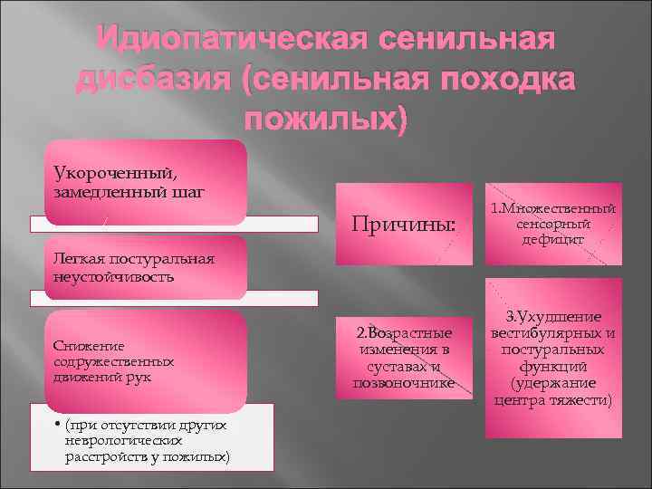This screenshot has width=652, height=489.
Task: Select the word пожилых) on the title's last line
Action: click(x=326, y=119)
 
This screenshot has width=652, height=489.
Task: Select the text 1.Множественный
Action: click(x=552, y=209)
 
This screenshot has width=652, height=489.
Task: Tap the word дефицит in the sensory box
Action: click(x=552, y=239)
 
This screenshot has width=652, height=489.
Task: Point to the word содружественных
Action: click(x=113, y=360)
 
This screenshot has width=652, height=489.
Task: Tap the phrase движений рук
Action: click(x=101, y=376)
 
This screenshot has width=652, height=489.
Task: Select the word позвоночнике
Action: click(x=403, y=383)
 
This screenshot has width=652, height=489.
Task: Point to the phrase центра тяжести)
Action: click(x=552, y=399)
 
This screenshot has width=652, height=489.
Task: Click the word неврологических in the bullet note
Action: click(x=116, y=441)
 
